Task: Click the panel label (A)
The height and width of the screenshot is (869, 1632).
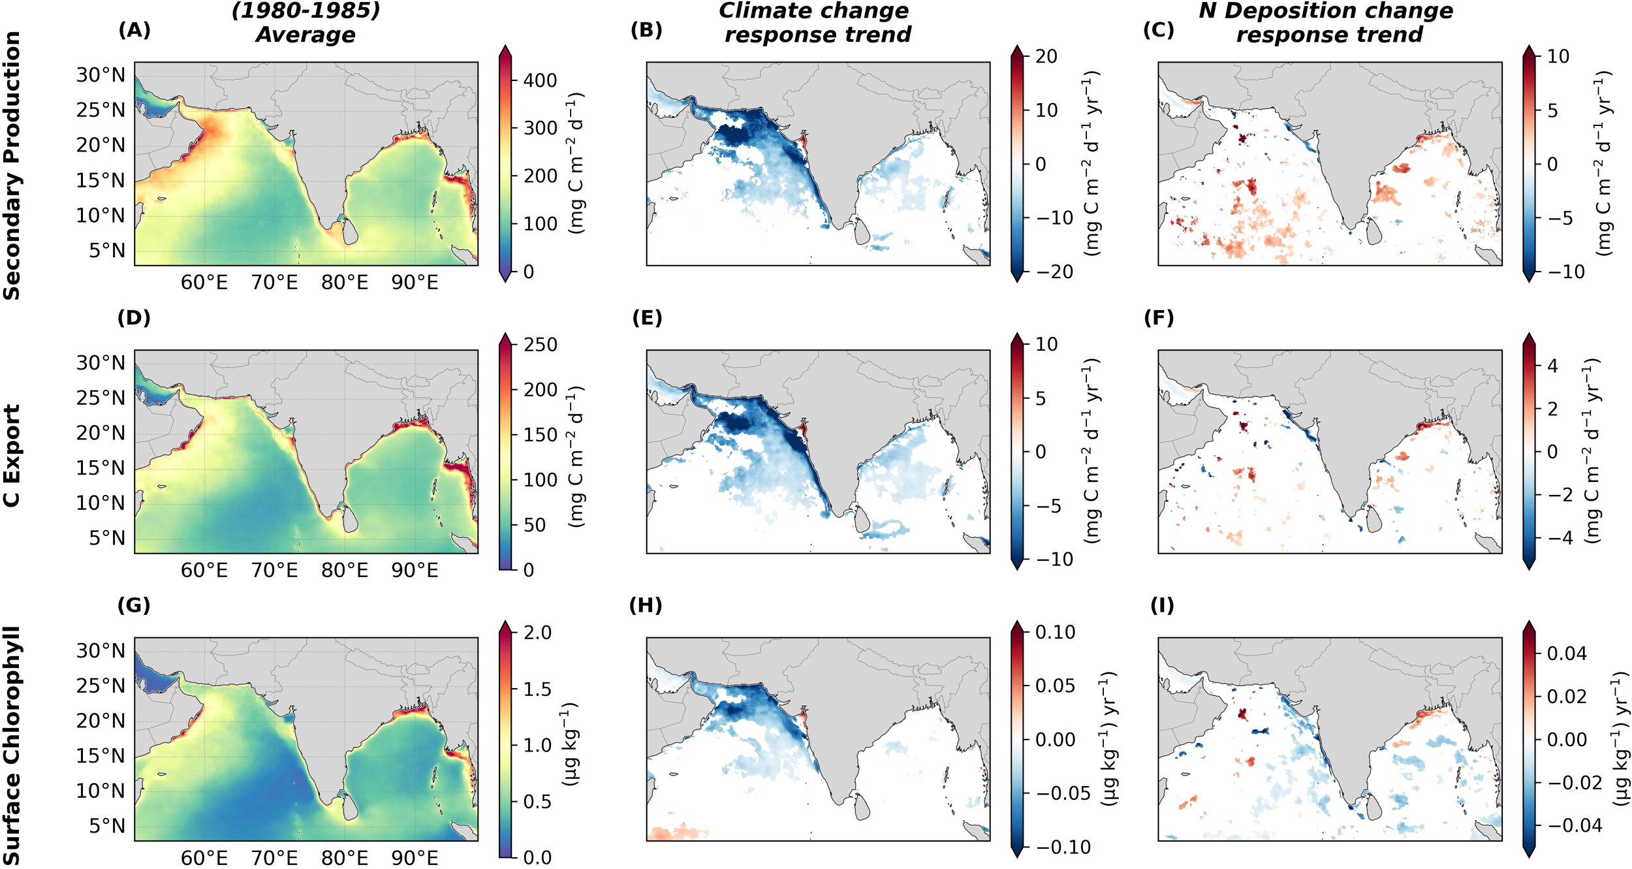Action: tap(134, 30)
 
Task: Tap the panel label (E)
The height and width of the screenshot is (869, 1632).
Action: tap(647, 318)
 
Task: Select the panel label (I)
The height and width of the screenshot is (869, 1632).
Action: tap(1161, 606)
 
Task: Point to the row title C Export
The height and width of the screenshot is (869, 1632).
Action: tap(12, 455)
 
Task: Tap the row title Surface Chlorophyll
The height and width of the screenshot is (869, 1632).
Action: tap(12, 744)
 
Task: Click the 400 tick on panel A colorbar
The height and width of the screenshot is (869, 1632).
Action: tap(539, 80)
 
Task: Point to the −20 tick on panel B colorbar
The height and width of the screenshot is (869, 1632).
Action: tap(1054, 272)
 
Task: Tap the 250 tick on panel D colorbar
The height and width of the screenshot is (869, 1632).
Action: tap(539, 345)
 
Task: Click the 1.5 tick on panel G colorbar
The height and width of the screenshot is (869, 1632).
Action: tap(537, 689)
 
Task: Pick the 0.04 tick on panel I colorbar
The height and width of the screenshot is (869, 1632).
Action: tap(1566, 653)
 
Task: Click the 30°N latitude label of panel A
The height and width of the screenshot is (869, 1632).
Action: tap(100, 75)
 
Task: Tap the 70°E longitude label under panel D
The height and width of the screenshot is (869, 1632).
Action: tap(274, 571)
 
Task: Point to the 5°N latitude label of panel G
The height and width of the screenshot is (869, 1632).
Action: tap(106, 826)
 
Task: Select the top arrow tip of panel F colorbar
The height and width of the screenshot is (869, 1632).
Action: tap(1529, 334)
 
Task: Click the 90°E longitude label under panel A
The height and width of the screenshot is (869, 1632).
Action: tap(415, 283)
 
